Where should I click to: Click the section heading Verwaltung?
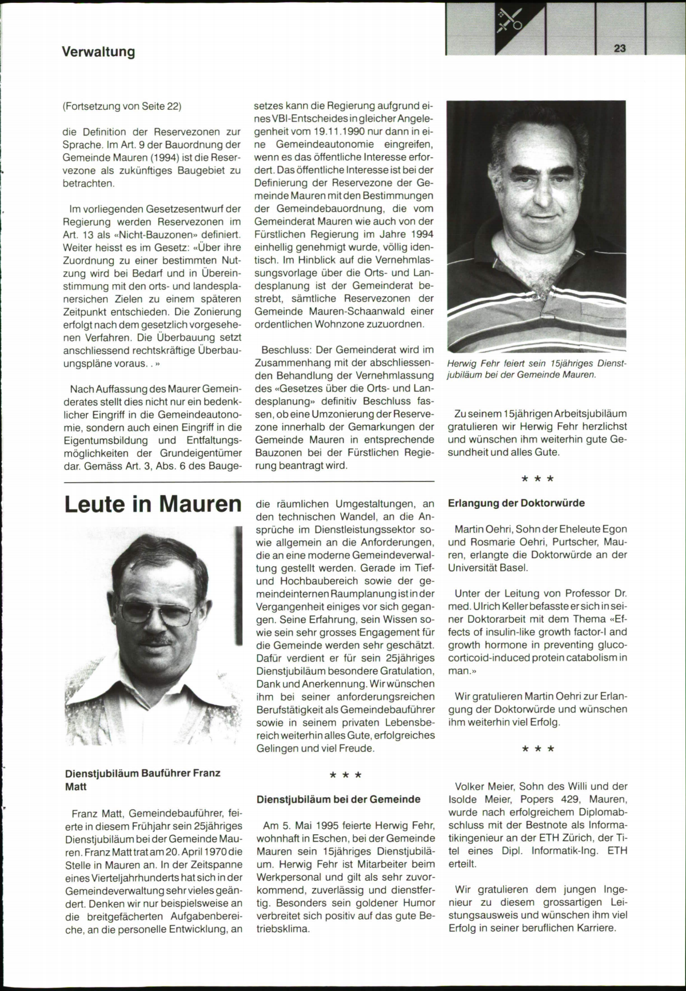(98, 52)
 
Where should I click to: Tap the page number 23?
(620, 49)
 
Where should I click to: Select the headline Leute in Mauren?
(153, 504)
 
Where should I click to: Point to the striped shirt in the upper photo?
(536, 315)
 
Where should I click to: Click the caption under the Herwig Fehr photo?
(537, 369)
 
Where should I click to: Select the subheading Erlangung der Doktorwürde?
(516, 503)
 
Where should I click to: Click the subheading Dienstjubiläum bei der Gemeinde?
(338, 799)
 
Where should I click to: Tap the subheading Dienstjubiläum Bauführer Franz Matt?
(142, 779)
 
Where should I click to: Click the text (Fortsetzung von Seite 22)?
(122, 106)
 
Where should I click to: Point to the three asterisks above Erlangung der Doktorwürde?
(537, 478)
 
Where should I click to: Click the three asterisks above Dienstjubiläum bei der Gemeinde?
(345, 775)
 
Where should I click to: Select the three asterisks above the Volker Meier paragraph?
(537, 749)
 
